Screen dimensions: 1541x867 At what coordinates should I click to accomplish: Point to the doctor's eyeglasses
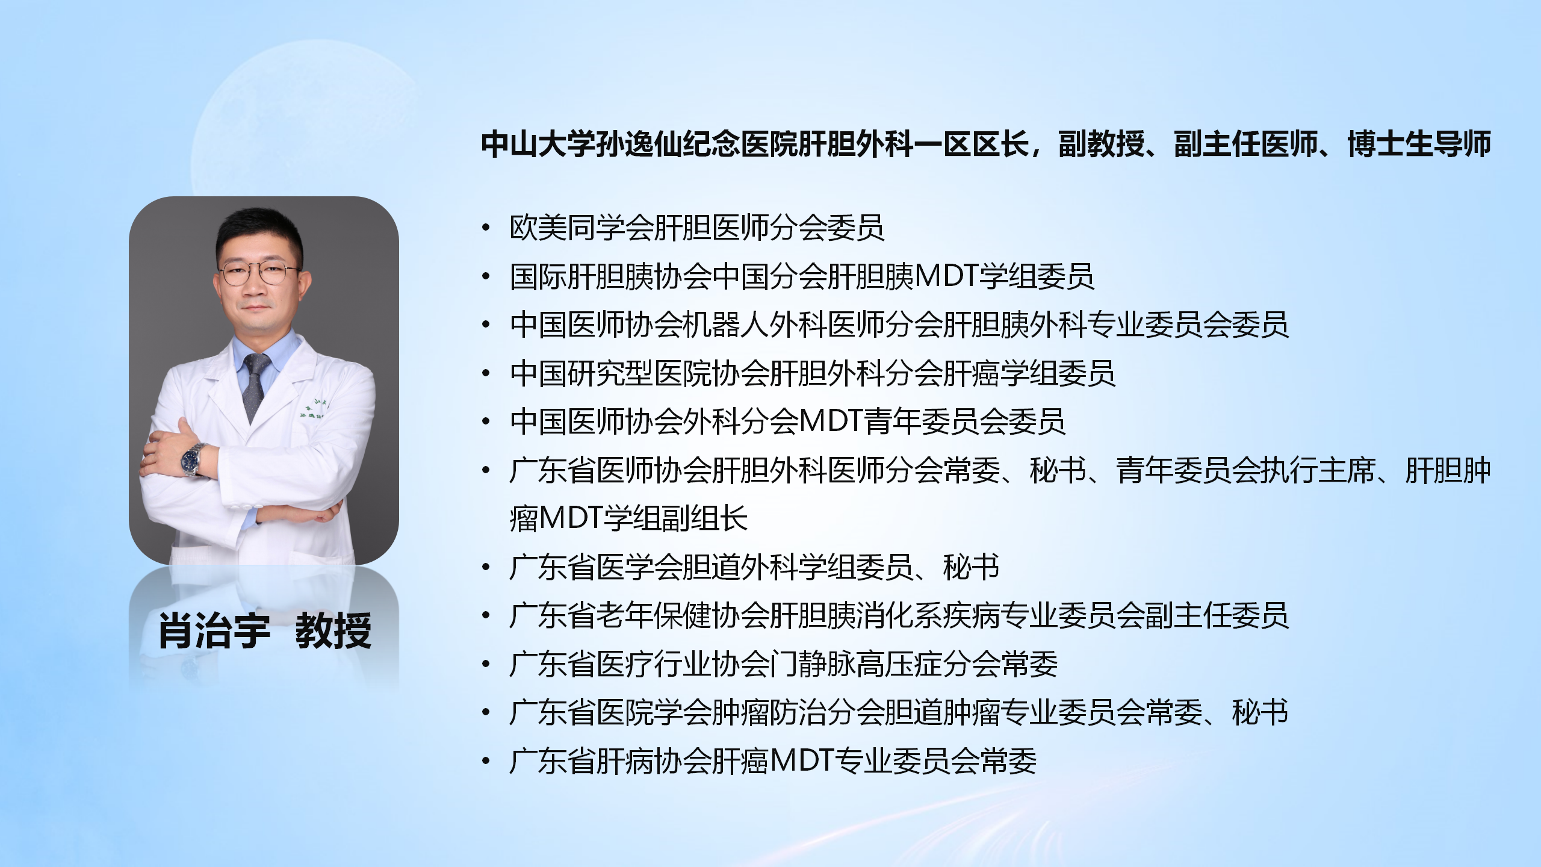click(x=259, y=275)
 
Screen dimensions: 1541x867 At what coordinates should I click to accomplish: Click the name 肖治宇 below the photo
click(x=214, y=631)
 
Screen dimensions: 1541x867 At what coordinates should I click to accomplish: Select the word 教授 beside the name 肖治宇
click(x=333, y=631)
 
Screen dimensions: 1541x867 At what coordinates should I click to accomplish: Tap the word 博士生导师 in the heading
click(x=1419, y=144)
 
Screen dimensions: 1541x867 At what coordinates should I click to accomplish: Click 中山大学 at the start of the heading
click(x=539, y=144)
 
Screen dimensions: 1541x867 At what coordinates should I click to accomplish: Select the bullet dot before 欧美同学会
click(x=486, y=228)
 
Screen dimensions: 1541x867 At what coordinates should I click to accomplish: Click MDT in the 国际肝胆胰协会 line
click(x=946, y=276)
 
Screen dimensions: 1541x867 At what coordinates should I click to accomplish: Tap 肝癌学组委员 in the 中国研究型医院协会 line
click(x=1029, y=373)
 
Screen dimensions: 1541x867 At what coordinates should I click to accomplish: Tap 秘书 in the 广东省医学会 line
click(x=972, y=568)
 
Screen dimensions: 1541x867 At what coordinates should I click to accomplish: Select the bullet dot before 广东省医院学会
click(x=486, y=713)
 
